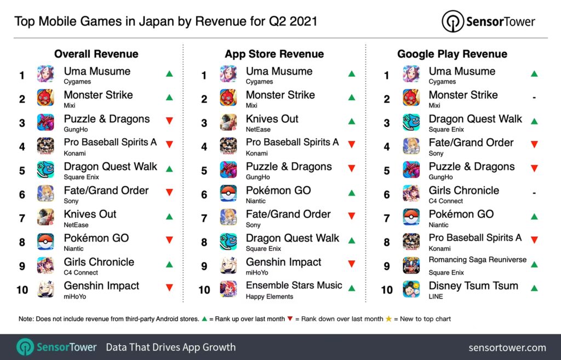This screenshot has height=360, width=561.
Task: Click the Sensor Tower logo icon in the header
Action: coord(453,22)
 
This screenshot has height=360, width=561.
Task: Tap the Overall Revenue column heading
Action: coord(96,54)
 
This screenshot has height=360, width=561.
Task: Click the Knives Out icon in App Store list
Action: coord(228,123)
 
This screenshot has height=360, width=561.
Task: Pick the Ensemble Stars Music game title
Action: coord(294,285)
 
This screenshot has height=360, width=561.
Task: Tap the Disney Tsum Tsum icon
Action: coord(411,289)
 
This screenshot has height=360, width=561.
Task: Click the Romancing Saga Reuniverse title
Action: coord(477,260)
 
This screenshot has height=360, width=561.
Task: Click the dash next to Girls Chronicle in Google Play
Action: coord(534,193)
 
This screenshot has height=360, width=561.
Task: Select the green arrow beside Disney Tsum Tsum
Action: coord(534,288)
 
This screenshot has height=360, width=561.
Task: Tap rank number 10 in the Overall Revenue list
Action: coord(22,290)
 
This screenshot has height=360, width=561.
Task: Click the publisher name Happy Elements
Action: coord(270,296)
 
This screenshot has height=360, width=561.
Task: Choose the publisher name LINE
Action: coord(436,296)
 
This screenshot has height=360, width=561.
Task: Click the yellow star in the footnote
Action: coord(390,319)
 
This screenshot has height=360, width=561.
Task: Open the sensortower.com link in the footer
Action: coord(507,347)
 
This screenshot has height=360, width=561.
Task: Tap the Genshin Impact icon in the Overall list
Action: coord(45,289)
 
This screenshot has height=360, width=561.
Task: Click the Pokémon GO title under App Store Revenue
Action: coord(278,191)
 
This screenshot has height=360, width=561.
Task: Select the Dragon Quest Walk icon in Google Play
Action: coord(411,123)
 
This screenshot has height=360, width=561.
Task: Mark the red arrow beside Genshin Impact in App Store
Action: coord(352,264)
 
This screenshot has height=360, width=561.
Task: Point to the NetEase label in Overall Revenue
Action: coord(76,225)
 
